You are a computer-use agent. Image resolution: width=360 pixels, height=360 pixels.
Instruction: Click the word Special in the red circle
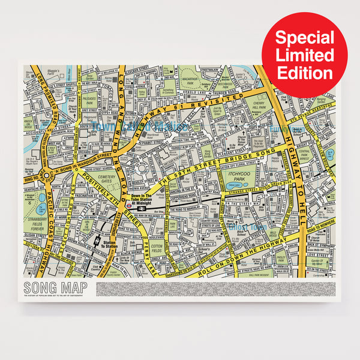pyautogui.click(x=304, y=38)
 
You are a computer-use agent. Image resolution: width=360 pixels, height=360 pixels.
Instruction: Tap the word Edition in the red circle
pyautogui.click(x=304, y=73)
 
